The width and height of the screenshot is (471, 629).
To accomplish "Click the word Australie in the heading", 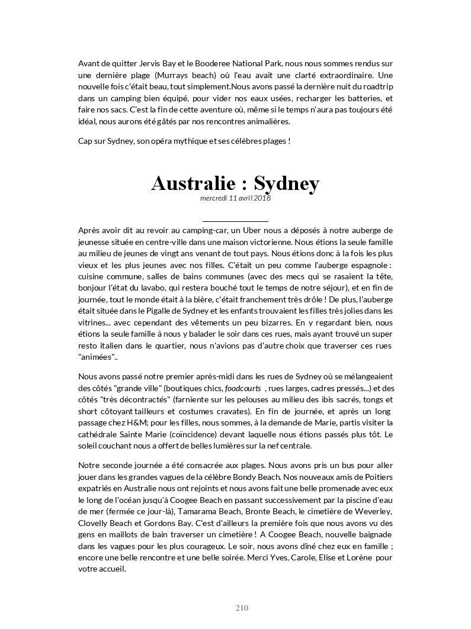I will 191,183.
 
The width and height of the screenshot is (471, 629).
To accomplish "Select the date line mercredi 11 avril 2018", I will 235,199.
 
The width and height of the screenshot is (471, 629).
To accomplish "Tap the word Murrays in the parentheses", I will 184,75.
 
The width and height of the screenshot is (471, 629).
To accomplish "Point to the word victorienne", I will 270,241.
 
